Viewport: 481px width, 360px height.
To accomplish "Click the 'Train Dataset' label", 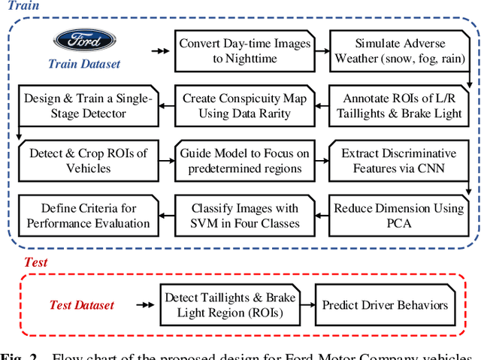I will point(84,64).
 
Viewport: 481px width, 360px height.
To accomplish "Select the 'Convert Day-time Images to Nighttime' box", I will point(244,50).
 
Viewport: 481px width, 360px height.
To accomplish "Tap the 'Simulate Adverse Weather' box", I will point(400,50).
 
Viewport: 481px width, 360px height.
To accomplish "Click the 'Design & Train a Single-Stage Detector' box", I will point(88,106).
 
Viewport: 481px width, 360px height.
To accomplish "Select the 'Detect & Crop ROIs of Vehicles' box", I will point(88,161).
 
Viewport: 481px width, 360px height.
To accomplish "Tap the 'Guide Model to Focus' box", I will point(244,161).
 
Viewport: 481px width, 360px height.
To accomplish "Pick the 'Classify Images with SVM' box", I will point(244,216).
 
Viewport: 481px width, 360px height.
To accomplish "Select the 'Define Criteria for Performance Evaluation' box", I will point(88,216).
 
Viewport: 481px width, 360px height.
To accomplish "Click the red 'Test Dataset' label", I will point(82,304).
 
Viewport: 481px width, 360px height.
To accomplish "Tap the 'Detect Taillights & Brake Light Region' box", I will point(230,305).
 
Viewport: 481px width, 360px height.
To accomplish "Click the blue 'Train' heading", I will point(23,6).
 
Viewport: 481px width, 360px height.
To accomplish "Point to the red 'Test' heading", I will point(35,262).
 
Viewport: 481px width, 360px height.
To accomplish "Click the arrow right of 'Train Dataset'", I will point(159,50).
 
